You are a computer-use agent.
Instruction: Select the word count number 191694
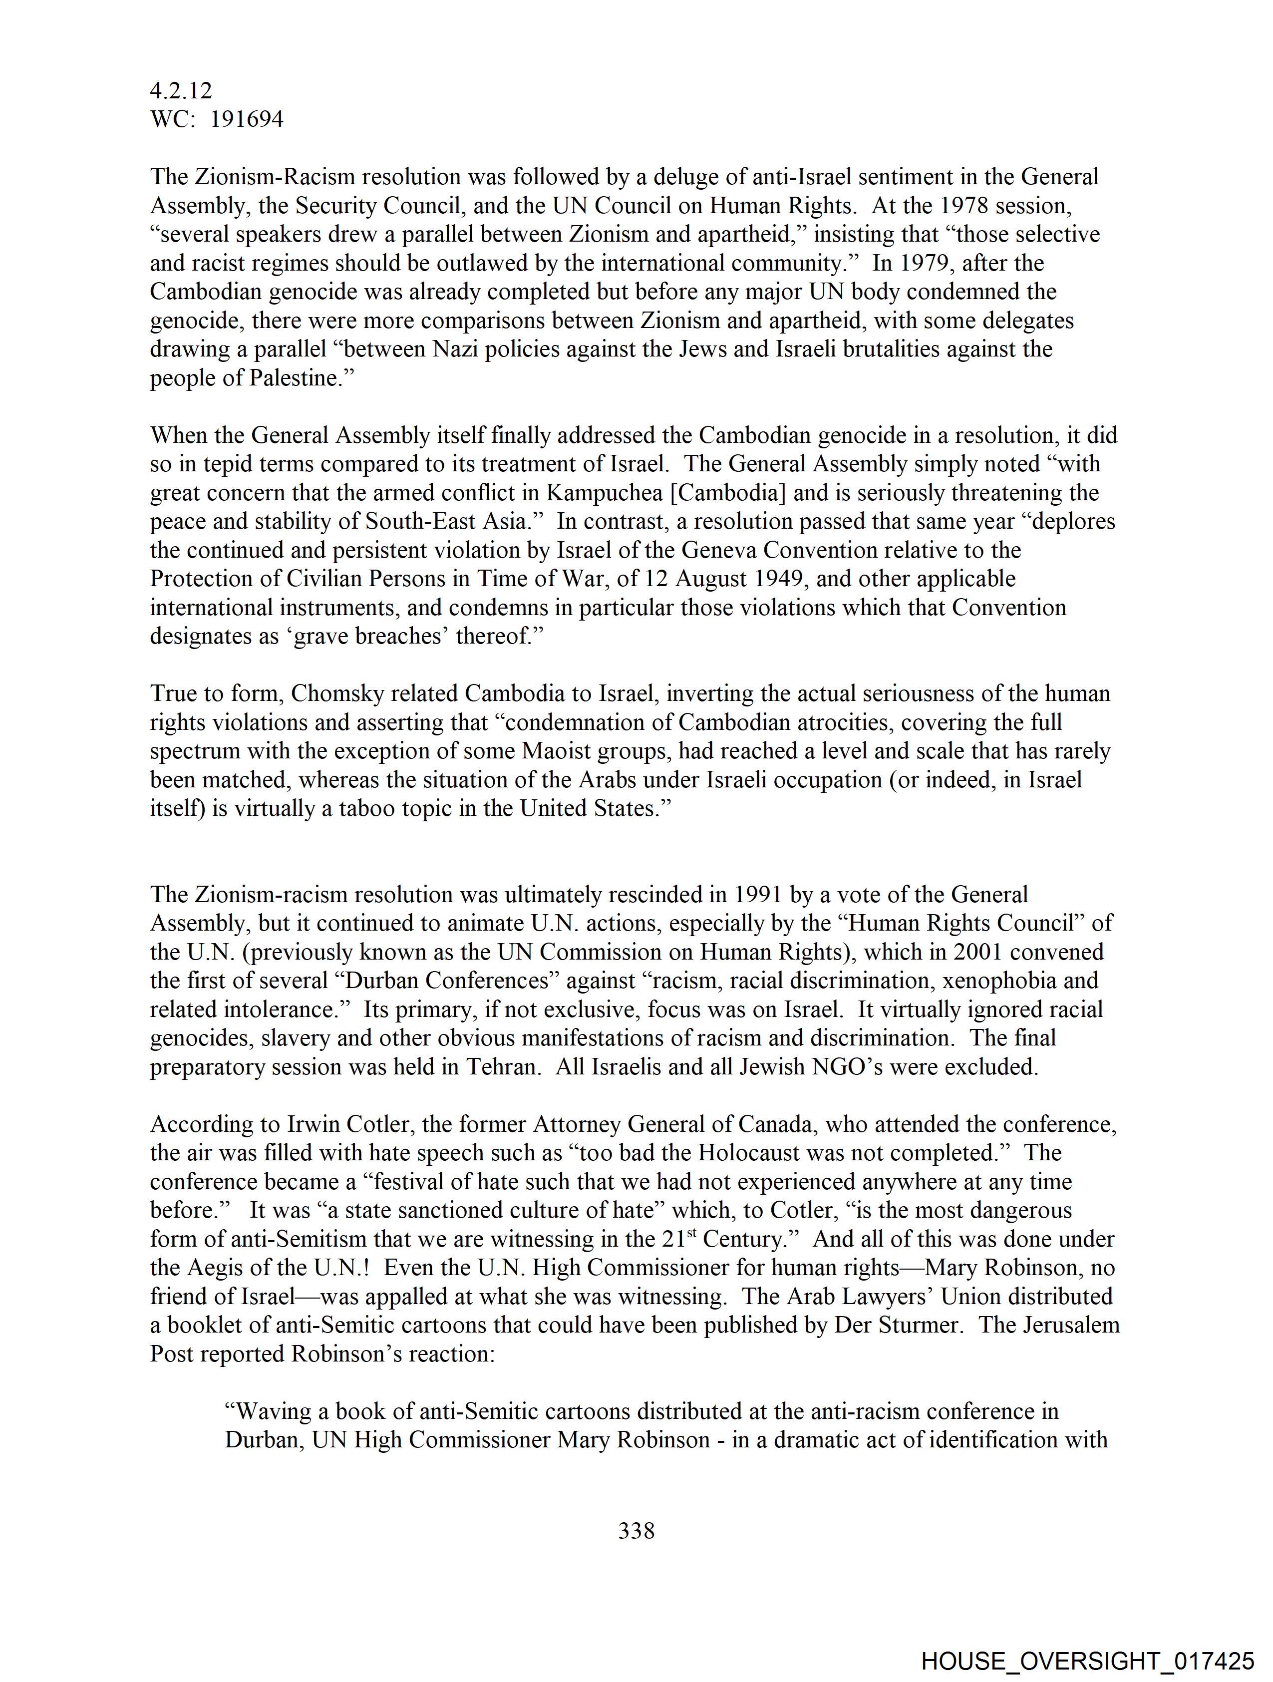[x=247, y=119]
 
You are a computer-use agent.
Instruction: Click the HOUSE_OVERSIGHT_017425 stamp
[x=1088, y=1661]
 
